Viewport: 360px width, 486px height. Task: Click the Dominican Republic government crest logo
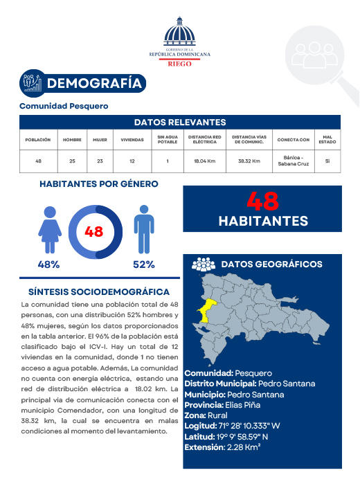tap(180, 33)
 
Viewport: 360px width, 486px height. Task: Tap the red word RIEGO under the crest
tap(180, 62)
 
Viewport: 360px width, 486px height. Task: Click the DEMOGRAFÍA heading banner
tap(97, 84)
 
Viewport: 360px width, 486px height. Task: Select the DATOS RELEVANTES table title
tap(180, 122)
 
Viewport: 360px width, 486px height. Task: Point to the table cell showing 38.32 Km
tap(249, 161)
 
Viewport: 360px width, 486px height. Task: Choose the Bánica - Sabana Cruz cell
tap(294, 161)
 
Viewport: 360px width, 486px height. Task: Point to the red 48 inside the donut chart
tap(94, 232)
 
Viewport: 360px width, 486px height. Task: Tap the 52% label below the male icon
tap(143, 264)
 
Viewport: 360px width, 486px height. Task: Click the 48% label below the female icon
tap(48, 264)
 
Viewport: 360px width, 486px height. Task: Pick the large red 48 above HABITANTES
tap(262, 201)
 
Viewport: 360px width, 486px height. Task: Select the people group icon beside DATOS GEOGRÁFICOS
tap(203, 264)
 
